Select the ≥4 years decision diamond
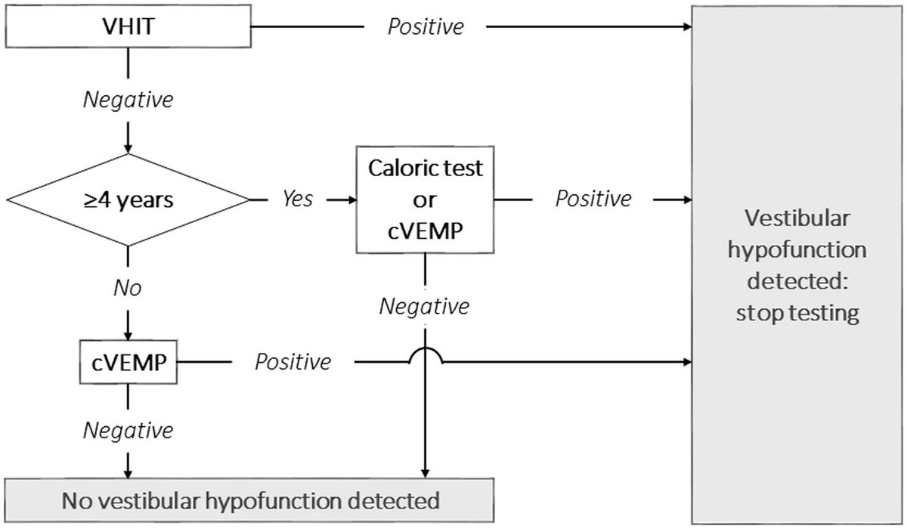click(x=128, y=200)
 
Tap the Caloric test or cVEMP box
click(x=425, y=200)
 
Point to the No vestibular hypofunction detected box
click(x=250, y=500)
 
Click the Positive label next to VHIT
click(x=426, y=27)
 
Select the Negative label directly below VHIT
click(x=128, y=98)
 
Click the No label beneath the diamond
click(x=128, y=288)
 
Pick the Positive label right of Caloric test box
click(x=593, y=199)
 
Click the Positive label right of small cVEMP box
click(x=293, y=362)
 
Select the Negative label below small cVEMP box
click(x=128, y=430)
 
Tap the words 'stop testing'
click(x=797, y=313)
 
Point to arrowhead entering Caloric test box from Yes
click(x=351, y=200)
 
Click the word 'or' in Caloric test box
click(x=425, y=200)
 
